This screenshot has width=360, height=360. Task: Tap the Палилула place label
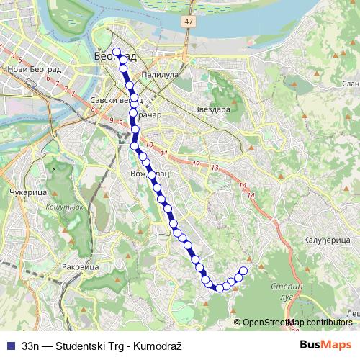(160, 73)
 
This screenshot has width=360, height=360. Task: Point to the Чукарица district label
(29, 194)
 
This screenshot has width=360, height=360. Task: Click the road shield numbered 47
(188, 22)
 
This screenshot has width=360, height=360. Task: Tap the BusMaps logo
(325, 344)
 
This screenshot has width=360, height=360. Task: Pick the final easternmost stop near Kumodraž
(243, 271)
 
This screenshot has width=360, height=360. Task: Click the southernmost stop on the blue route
(220, 288)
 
